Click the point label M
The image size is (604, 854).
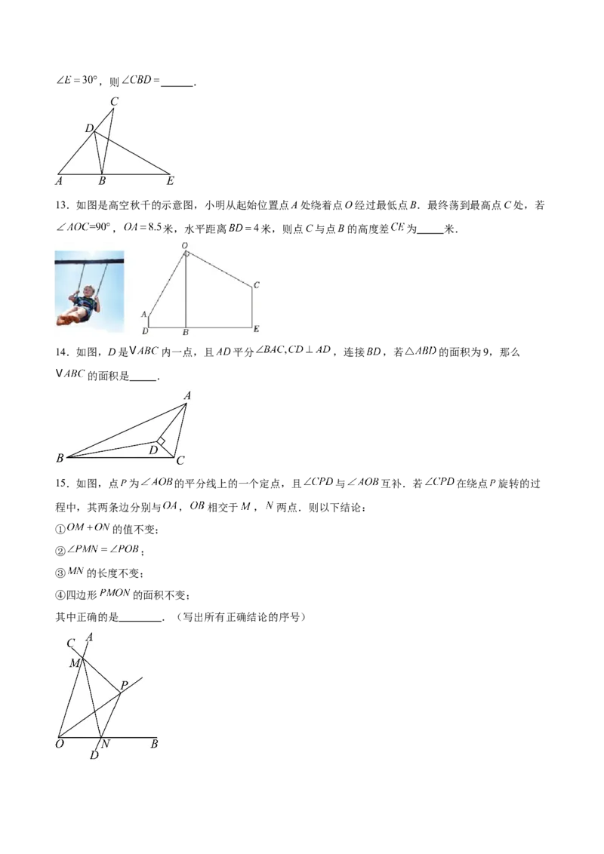pyautogui.click(x=74, y=663)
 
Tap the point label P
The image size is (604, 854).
pyautogui.click(x=124, y=685)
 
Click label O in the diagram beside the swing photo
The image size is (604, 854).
pyautogui.click(x=185, y=246)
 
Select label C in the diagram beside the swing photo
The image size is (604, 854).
pyautogui.click(x=257, y=285)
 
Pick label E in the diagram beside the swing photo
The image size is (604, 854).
pyautogui.click(x=257, y=330)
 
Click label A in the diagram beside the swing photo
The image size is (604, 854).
pyautogui.click(x=143, y=313)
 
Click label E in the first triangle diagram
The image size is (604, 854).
pyautogui.click(x=170, y=181)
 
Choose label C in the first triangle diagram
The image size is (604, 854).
pyautogui.click(x=114, y=101)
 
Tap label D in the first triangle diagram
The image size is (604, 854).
pyautogui.click(x=88, y=129)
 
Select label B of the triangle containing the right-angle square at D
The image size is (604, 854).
pyautogui.click(x=60, y=458)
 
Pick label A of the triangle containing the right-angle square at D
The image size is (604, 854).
pyautogui.click(x=187, y=395)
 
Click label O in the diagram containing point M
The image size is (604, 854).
pyautogui.click(x=59, y=745)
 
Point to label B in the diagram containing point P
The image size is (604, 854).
pyautogui.click(x=154, y=745)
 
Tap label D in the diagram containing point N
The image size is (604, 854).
pyautogui.click(x=94, y=755)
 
